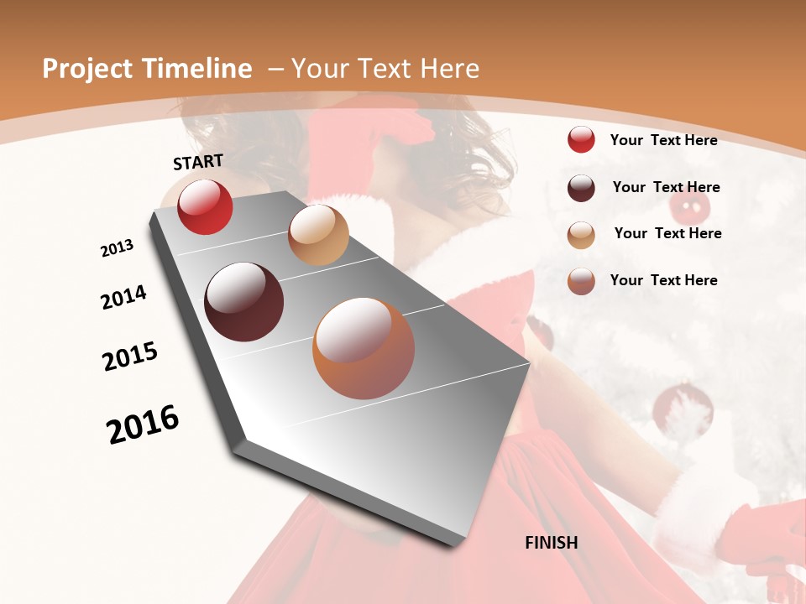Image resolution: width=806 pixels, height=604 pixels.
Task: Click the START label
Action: (x=198, y=161)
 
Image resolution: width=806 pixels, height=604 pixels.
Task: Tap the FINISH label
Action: (x=551, y=543)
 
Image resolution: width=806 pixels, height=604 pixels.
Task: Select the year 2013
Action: (x=117, y=248)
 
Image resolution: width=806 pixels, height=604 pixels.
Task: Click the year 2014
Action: (x=123, y=297)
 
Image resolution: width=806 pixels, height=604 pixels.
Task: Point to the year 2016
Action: (x=143, y=424)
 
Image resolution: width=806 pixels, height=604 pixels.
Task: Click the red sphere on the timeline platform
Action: (x=205, y=207)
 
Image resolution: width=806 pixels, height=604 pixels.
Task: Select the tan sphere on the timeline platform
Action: (x=318, y=235)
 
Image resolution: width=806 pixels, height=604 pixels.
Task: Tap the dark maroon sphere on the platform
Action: (x=244, y=302)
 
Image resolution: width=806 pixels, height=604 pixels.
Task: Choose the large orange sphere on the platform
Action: (x=364, y=348)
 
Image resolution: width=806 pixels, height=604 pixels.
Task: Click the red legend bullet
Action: (x=581, y=139)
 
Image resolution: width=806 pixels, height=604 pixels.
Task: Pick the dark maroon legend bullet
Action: (x=581, y=188)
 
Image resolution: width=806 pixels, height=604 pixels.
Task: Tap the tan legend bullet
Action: (x=581, y=235)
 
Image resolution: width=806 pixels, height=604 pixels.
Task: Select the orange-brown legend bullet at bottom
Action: (x=581, y=281)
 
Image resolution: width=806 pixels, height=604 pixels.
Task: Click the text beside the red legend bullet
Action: (x=663, y=140)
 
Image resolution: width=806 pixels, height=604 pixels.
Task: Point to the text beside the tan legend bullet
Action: (x=667, y=233)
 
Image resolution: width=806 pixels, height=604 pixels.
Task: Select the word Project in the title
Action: (x=86, y=69)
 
